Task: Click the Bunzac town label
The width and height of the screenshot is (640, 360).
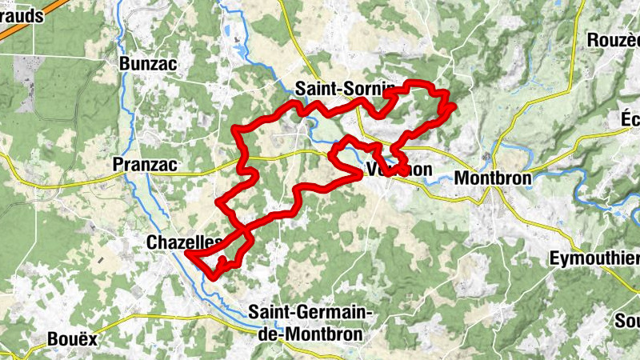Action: point(145,63)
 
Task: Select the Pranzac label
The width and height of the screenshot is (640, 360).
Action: point(144,164)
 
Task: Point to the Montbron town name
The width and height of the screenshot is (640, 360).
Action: point(493,178)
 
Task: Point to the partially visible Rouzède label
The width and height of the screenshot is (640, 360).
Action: point(614,40)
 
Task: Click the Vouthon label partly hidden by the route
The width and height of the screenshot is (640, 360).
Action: point(398,170)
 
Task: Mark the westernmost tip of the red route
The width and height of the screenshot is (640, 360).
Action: point(187,254)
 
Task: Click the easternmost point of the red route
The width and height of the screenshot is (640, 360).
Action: point(454,105)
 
